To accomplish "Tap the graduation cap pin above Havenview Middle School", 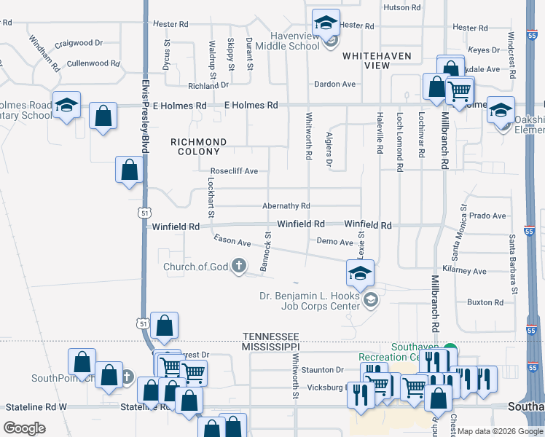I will pyautogui.click(x=326, y=23).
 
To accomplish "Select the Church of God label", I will pyautogui.click(x=195, y=267).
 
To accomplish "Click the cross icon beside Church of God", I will pyautogui.click(x=238, y=267).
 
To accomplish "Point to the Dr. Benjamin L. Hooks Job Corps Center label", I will pyautogui.click(x=310, y=301).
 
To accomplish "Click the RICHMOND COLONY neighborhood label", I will pyautogui.click(x=198, y=146).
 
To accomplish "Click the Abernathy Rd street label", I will pyautogui.click(x=286, y=206).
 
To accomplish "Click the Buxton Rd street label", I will pyautogui.click(x=480, y=302).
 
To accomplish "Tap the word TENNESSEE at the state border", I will pyautogui.click(x=270, y=336).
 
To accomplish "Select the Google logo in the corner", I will pyautogui.click(x=25, y=428).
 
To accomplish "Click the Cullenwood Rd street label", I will pyautogui.click(x=93, y=64).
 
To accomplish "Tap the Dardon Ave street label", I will pyautogui.click(x=334, y=84).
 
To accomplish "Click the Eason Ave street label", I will pyautogui.click(x=232, y=240).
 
